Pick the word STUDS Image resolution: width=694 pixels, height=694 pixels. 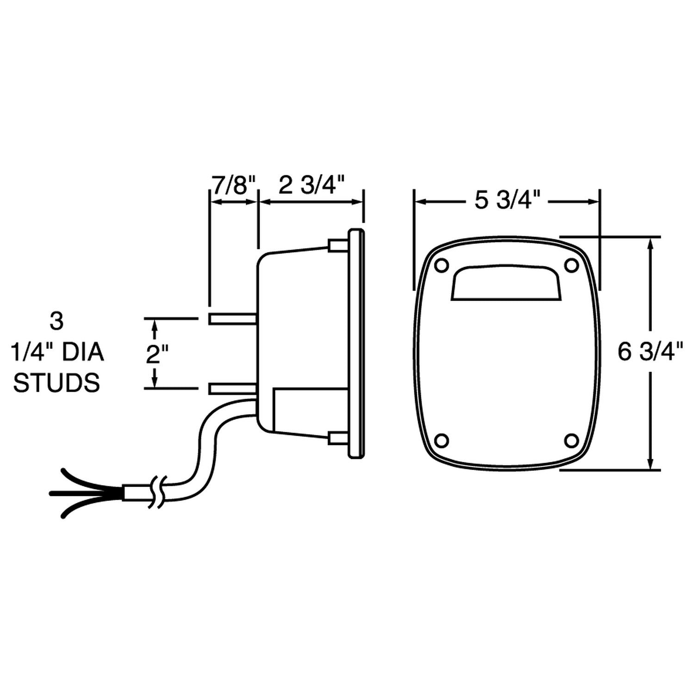coord(56,384)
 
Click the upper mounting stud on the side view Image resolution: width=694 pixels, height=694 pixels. coord(233,318)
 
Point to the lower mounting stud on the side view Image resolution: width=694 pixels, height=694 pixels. coord(233,389)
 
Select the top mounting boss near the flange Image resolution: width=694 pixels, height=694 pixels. coord(338,245)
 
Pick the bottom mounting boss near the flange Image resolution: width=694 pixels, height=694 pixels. coord(338,438)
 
